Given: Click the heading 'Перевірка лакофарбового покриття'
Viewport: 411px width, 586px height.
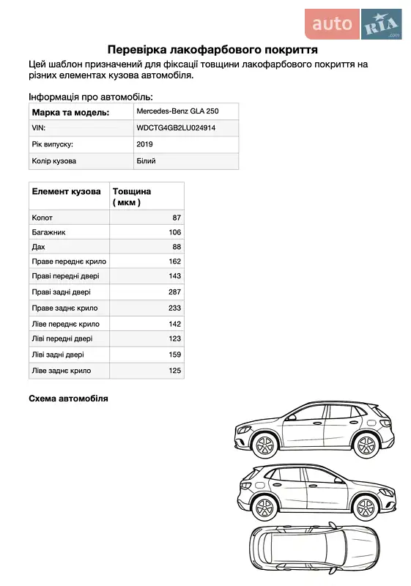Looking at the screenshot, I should click(x=212, y=50).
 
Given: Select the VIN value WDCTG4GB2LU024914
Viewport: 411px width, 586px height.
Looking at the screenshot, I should click(x=176, y=127).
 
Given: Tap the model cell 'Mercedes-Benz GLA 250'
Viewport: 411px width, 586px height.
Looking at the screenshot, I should click(x=177, y=111).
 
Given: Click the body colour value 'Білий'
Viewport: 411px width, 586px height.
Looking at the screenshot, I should click(x=146, y=160).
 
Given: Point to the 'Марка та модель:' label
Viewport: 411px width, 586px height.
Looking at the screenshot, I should click(x=70, y=112).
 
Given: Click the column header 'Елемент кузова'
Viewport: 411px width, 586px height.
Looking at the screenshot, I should click(x=66, y=191).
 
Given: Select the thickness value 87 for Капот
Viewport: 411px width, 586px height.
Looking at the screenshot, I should click(x=176, y=218).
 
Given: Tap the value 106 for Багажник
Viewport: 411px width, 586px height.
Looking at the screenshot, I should click(x=174, y=232).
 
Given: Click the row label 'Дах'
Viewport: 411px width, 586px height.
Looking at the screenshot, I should click(x=39, y=248).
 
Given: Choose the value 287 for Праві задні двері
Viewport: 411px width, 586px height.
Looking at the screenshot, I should click(x=174, y=292).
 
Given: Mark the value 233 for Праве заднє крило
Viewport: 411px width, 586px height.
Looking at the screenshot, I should click(x=174, y=308).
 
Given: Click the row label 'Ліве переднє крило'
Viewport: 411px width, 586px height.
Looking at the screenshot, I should click(x=66, y=324).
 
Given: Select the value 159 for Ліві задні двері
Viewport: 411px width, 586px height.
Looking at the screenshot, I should click(x=174, y=355).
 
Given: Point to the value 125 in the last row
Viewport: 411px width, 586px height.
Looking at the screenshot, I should click(x=174, y=371).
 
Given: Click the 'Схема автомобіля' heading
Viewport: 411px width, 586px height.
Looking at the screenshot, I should click(x=68, y=398).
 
